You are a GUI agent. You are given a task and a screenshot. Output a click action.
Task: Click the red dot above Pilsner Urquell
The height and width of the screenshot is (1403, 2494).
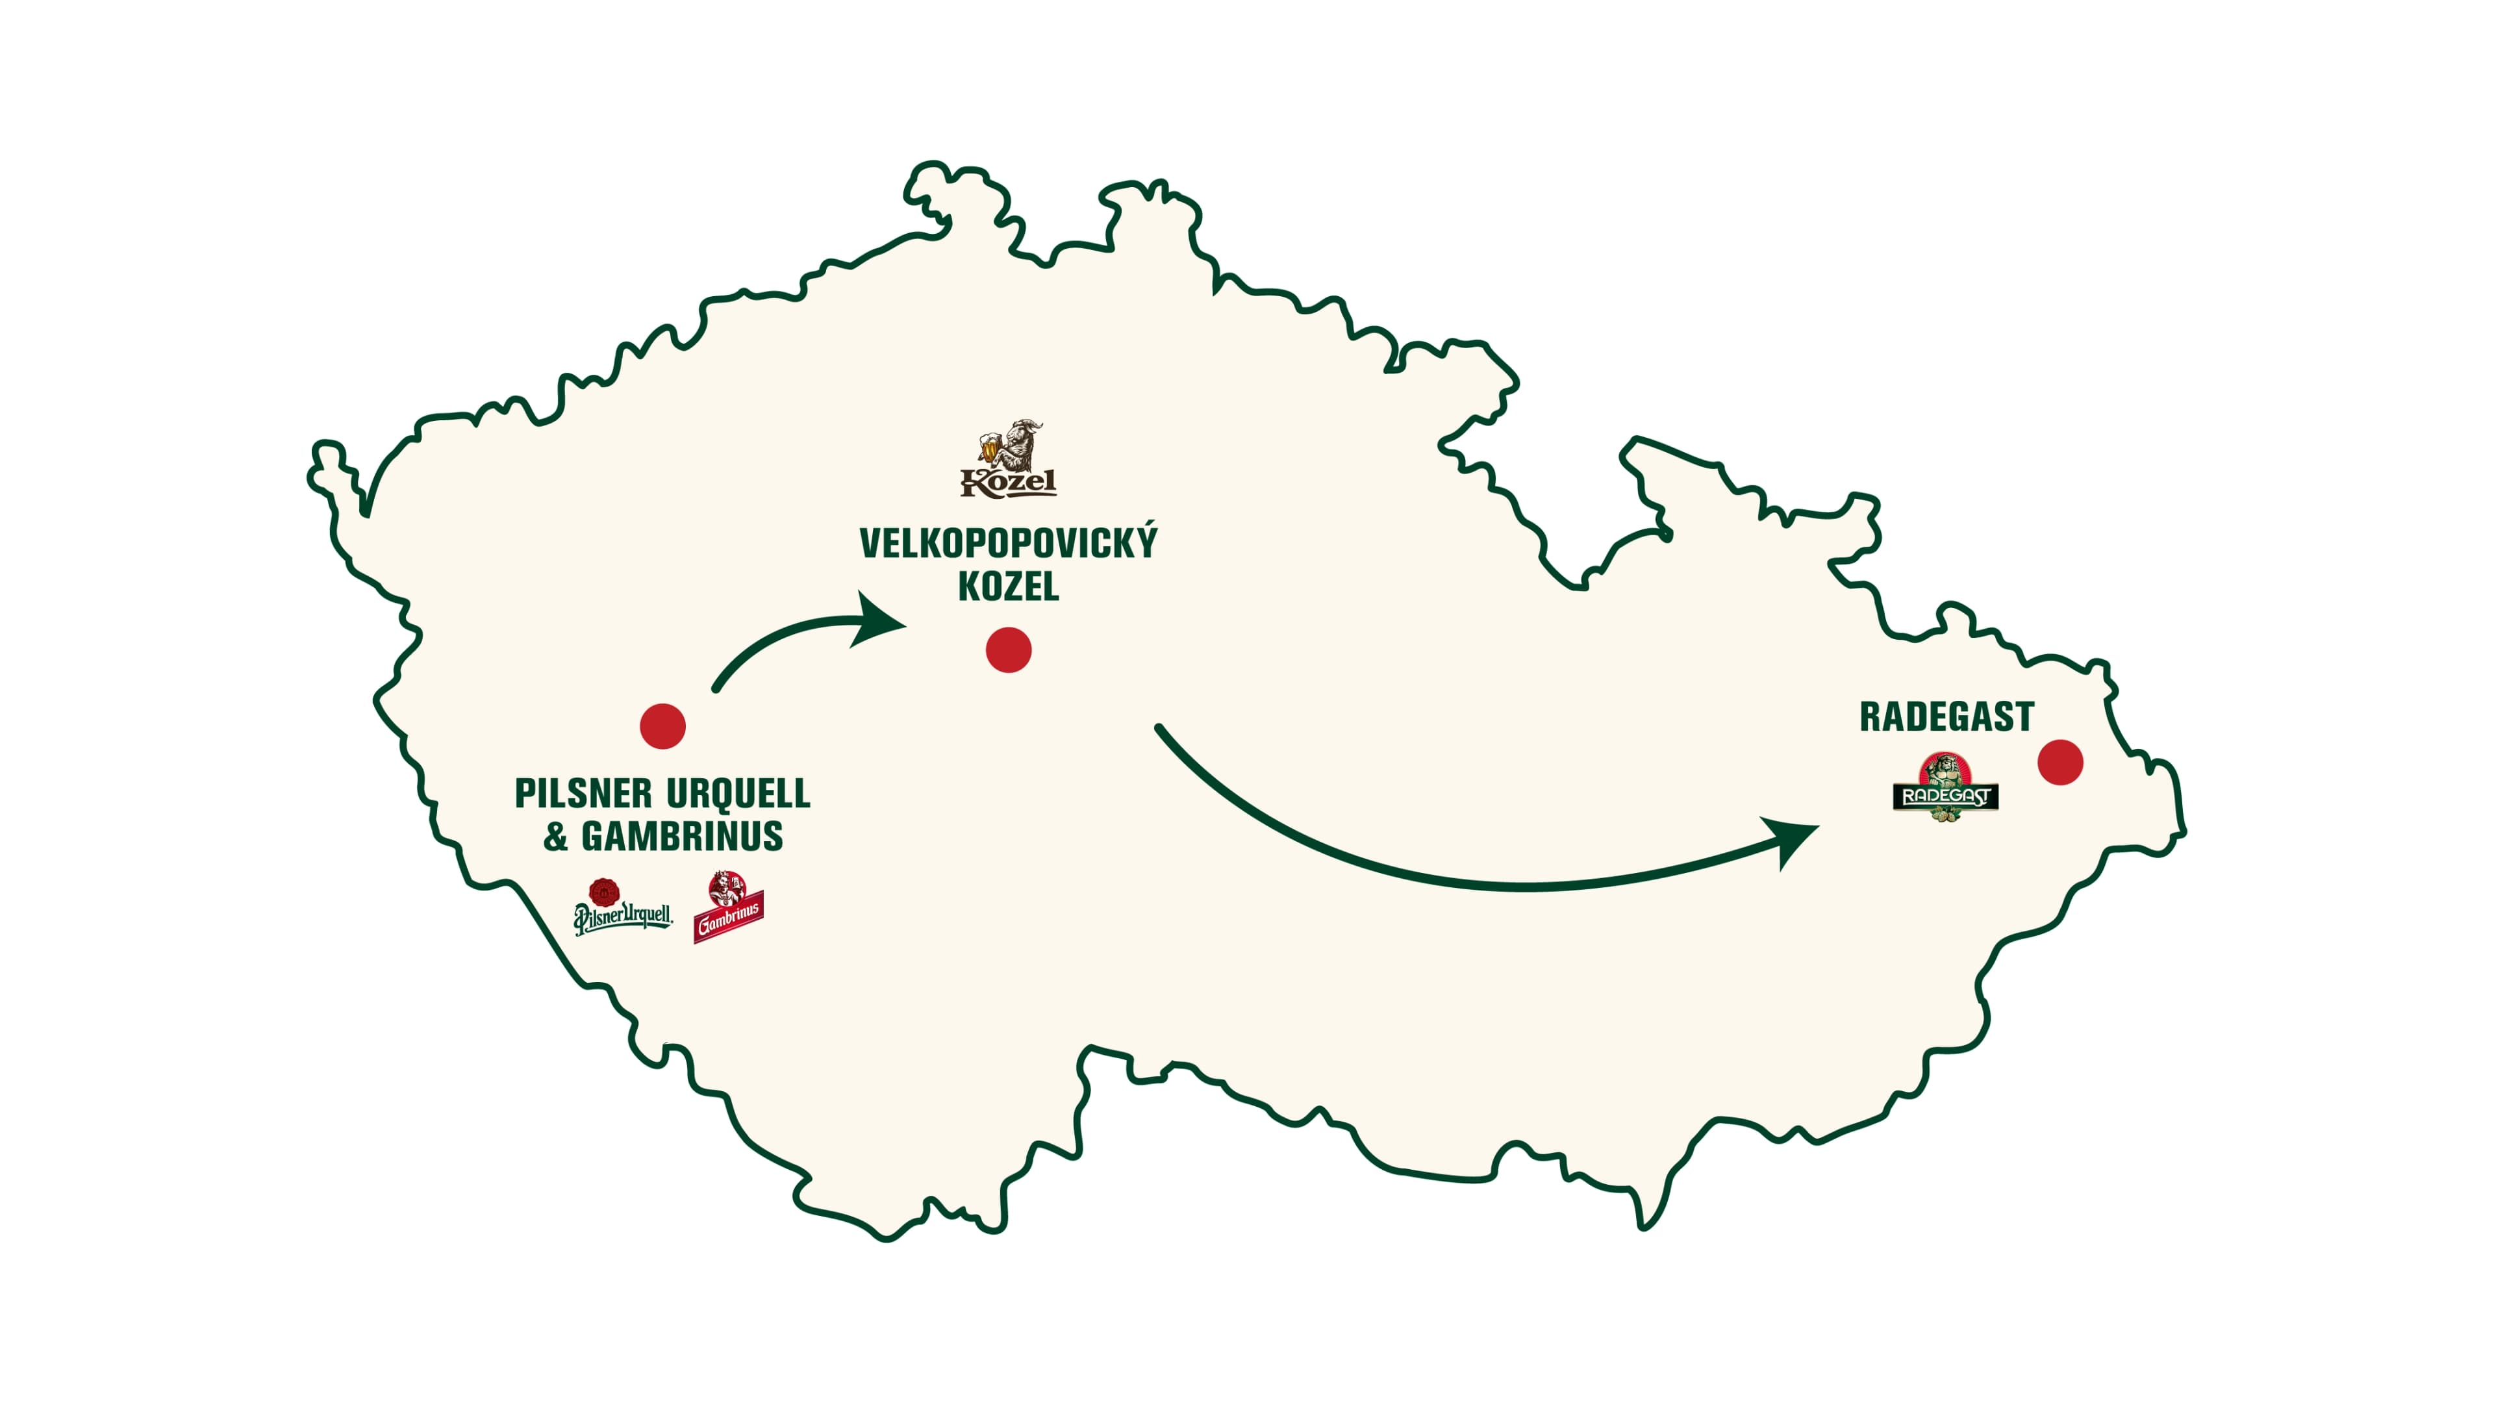[662, 726]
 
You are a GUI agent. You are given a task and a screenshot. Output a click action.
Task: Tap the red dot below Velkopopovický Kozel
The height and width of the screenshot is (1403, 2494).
[1008, 650]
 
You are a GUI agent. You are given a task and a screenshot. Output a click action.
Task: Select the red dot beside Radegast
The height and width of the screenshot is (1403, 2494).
[2060, 762]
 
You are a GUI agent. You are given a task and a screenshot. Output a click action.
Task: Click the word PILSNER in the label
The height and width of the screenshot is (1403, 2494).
[583, 793]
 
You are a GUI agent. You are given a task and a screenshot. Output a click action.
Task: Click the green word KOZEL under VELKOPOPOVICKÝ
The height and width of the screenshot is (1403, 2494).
[1008, 587]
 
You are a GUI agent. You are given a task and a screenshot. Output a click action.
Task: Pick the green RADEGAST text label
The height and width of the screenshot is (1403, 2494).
[1946, 716]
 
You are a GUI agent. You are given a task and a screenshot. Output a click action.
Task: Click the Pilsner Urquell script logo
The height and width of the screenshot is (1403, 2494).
[623, 915]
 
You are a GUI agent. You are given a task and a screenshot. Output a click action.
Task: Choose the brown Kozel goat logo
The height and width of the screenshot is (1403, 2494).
[1008, 460]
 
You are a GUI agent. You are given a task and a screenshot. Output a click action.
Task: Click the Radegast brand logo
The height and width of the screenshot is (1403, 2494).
[1945, 788]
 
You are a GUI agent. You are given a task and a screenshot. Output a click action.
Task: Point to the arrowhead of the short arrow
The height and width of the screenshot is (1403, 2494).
[881, 621]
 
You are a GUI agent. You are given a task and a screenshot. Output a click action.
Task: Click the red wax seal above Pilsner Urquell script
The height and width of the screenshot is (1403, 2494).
[604, 892]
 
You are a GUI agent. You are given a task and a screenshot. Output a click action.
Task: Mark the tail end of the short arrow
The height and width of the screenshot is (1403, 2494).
[716, 689]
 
